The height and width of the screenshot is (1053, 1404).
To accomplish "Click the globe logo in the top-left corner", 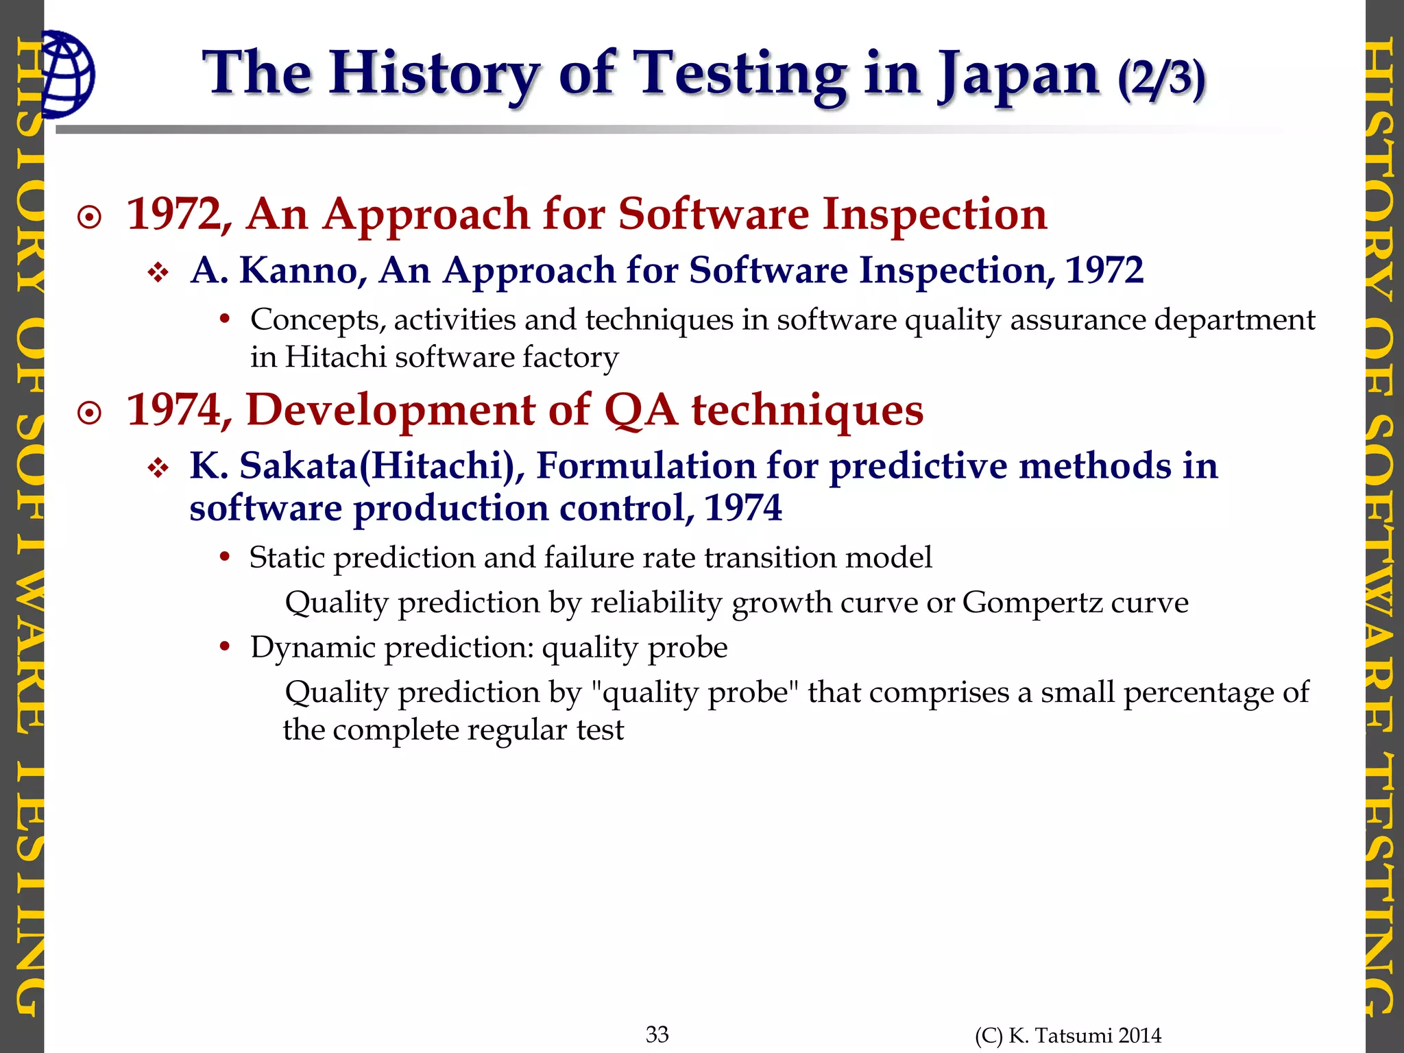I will (66, 74).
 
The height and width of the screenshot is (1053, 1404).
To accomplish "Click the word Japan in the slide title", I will (1019, 75).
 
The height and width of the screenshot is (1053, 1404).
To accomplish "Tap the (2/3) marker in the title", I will (1161, 78).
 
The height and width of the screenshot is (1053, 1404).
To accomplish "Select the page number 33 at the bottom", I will (657, 1034).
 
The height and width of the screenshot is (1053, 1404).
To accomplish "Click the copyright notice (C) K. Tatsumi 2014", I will (1068, 1036).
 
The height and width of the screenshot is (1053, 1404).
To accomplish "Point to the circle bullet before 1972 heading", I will (90, 219).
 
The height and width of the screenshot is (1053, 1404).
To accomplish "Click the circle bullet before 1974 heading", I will (90, 414).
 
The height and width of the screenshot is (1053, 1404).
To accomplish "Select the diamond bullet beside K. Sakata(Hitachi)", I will (158, 470).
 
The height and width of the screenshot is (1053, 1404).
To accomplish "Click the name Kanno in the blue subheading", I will (299, 270).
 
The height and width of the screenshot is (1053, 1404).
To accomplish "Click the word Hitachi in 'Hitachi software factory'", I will (335, 357).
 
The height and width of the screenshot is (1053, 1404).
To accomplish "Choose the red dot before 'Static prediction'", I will (224, 557).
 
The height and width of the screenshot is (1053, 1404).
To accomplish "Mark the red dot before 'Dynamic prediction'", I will (224, 646).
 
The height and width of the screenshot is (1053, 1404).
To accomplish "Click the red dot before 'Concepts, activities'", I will (224, 319).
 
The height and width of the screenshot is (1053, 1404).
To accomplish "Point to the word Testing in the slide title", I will (739, 75).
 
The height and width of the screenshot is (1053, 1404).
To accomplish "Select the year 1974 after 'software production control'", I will (743, 509).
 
